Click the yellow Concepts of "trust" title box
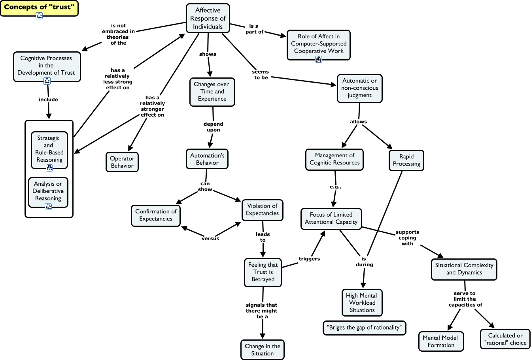pyautogui.click(x=39, y=8)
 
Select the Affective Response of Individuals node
pyautogui.click(x=208, y=18)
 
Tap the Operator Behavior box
pyautogui.click(x=122, y=162)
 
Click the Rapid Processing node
pyautogui.click(x=406, y=160)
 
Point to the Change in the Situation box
pyautogui.click(x=263, y=350)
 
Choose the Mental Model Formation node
pyautogui.click(x=441, y=341)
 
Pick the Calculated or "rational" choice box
pyautogui.click(x=505, y=339)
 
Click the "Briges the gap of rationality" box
pyautogui.click(x=365, y=328)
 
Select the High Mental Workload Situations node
pyautogui.click(x=362, y=303)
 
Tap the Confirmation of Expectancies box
pyautogui.click(x=156, y=215)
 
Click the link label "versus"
pyautogui.click(x=210, y=238)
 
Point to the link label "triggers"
pyautogui.click(x=309, y=259)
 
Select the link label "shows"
pyautogui.click(x=208, y=54)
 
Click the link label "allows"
pyautogui.click(x=359, y=122)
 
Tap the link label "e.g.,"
pyautogui.click(x=335, y=187)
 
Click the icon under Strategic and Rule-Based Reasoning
pyautogui.click(x=49, y=168)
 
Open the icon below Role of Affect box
pyautogui.click(x=319, y=59)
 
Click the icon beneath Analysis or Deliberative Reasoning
pyautogui.click(x=48, y=207)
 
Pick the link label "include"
pyautogui.click(x=48, y=100)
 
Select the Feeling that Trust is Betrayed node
pyautogui.click(x=263, y=272)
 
